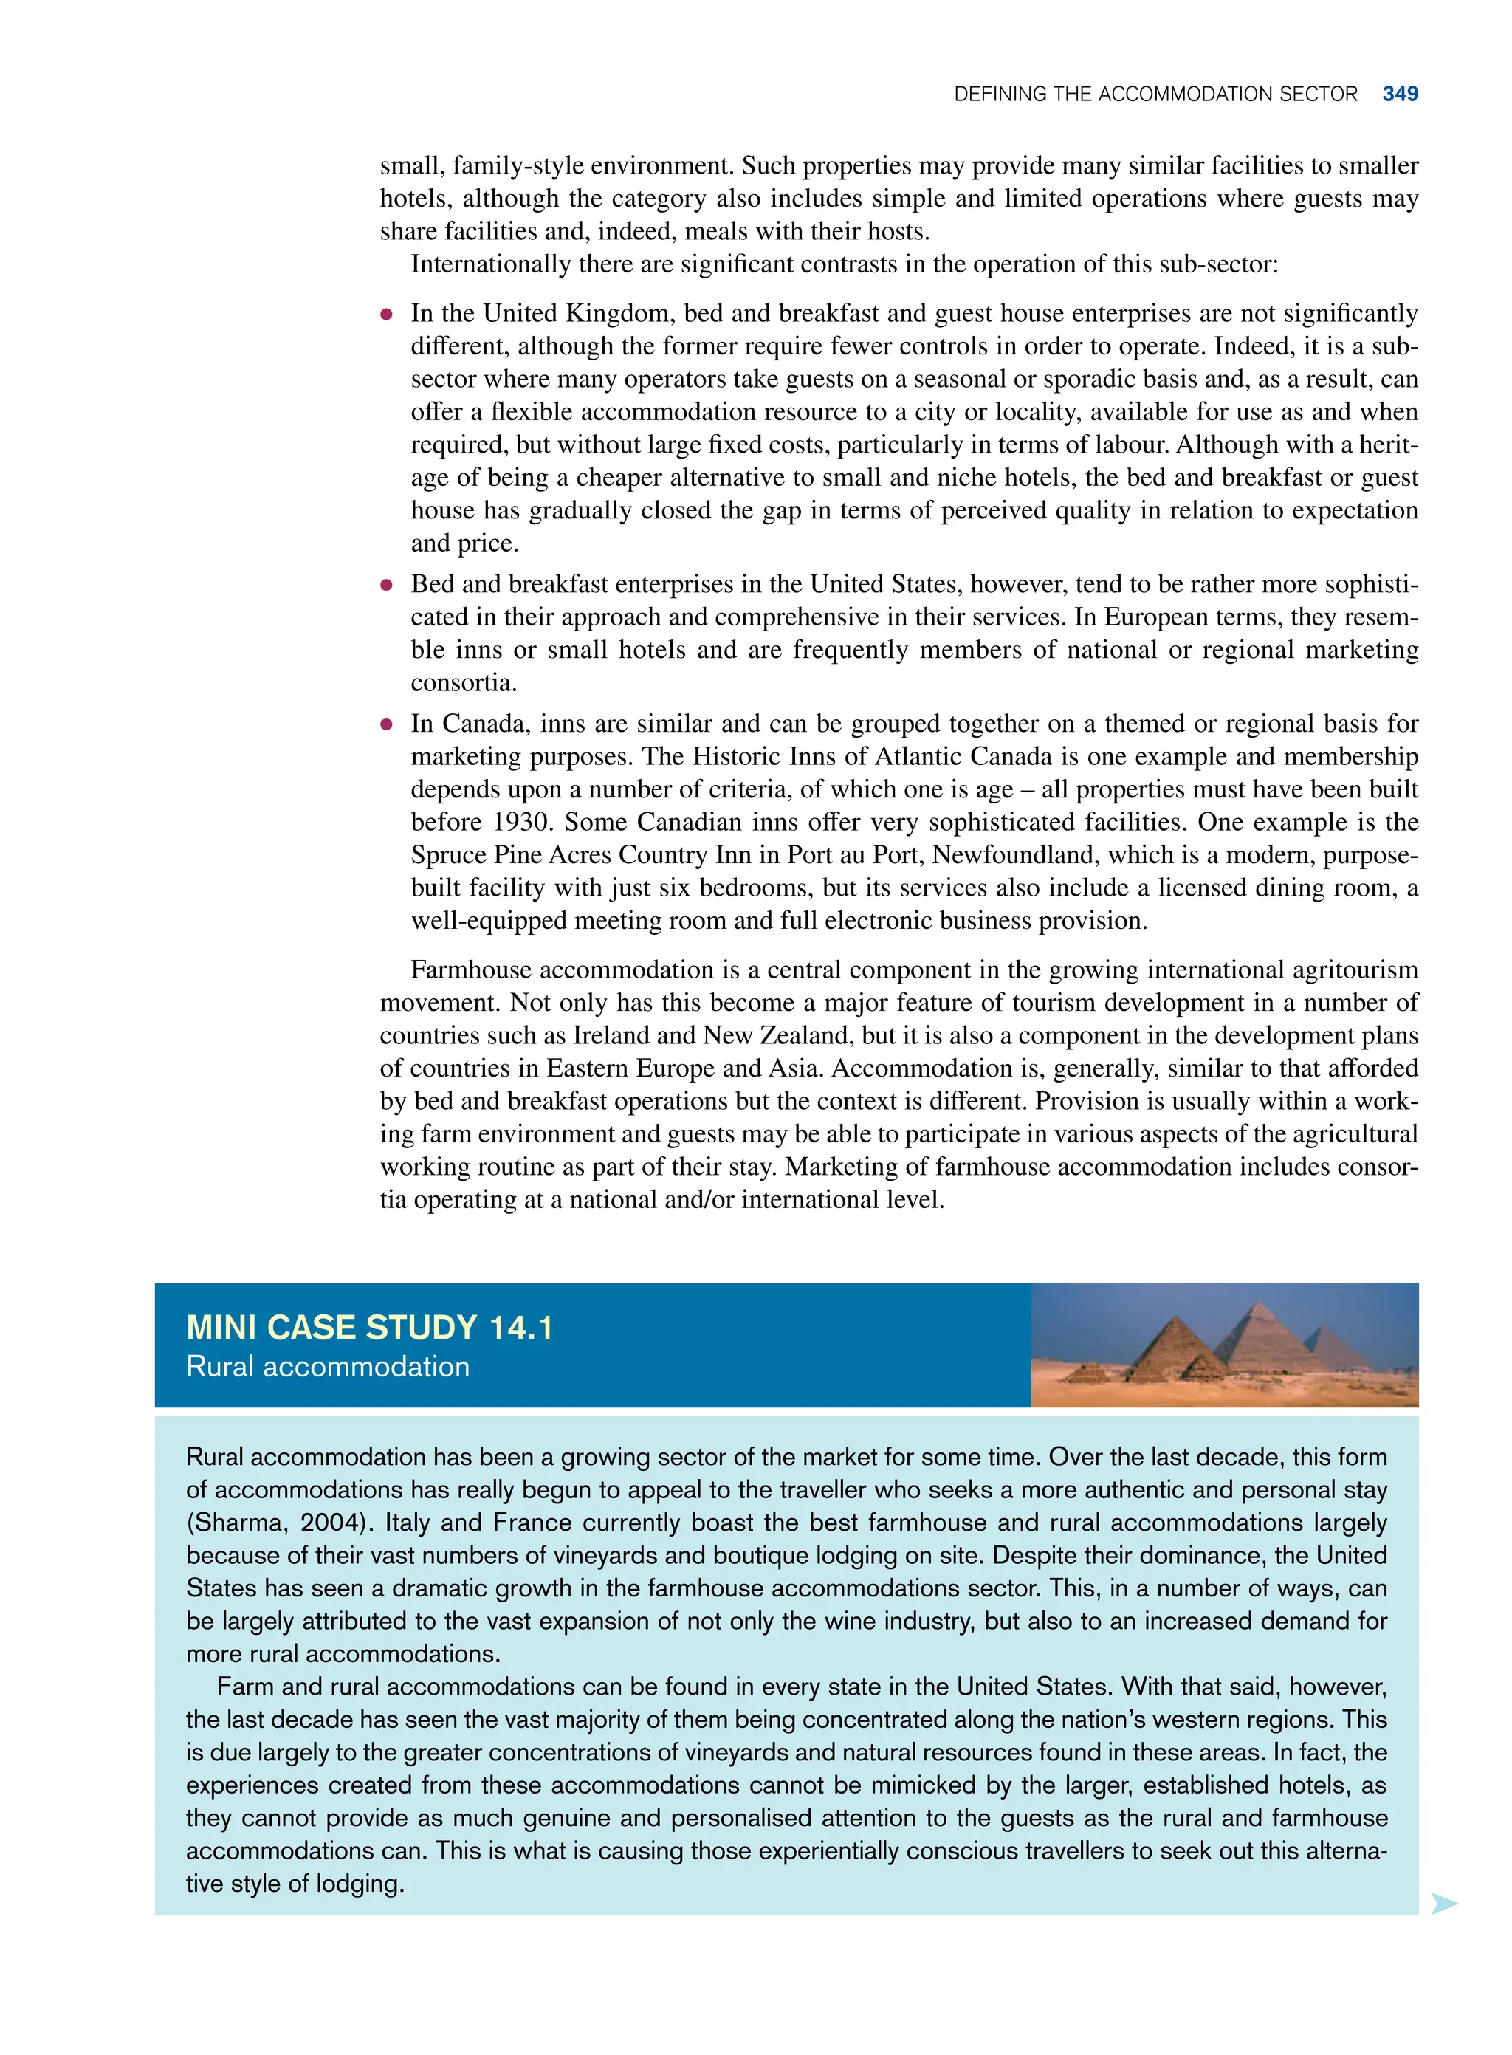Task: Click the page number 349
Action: tap(1400, 95)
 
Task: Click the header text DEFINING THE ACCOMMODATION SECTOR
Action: tap(1155, 95)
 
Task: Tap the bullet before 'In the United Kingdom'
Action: tap(386, 315)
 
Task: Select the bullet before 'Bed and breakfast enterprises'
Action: tap(386, 586)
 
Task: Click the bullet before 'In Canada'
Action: tap(386, 725)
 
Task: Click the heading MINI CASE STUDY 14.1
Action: tap(370, 1327)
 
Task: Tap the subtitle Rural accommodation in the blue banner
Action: tap(328, 1367)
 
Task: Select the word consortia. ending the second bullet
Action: tap(464, 683)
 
